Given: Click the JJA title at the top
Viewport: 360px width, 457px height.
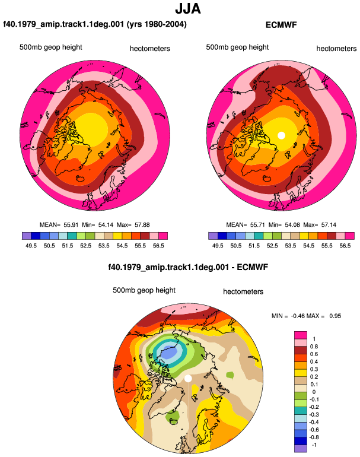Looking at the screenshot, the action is click(x=188, y=9).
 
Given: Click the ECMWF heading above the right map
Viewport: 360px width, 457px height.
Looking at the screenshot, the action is click(x=281, y=25).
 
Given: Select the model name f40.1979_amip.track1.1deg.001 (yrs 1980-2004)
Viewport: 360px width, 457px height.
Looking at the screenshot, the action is click(x=95, y=24).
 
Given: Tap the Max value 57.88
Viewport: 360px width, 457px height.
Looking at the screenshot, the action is click(x=142, y=225).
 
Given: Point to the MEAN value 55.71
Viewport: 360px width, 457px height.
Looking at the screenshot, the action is click(x=257, y=225).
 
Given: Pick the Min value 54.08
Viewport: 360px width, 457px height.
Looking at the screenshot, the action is click(x=292, y=225).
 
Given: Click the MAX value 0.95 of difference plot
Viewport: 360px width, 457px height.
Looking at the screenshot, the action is click(x=335, y=316).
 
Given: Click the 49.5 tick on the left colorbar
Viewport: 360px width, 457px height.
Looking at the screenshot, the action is click(x=31, y=246).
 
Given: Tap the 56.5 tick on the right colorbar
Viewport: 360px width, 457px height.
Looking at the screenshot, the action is click(x=345, y=246).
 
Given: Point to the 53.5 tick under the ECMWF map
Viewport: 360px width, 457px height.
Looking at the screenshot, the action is click(x=291, y=246).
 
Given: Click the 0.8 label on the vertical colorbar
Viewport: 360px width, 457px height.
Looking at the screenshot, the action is click(x=314, y=347).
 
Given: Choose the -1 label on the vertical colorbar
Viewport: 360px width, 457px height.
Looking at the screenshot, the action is click(x=314, y=445).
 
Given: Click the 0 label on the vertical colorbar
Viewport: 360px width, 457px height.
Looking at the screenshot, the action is click(x=314, y=392).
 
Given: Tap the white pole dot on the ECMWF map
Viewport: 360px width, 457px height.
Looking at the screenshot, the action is click(x=281, y=135).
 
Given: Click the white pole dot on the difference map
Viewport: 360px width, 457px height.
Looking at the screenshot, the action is click(x=188, y=378).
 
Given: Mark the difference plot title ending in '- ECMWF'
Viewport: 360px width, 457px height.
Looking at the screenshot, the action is click(x=188, y=267).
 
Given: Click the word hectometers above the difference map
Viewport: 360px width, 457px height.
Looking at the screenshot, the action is click(x=243, y=292).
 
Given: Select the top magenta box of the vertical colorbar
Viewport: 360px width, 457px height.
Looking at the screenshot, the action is click(x=301, y=335).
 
